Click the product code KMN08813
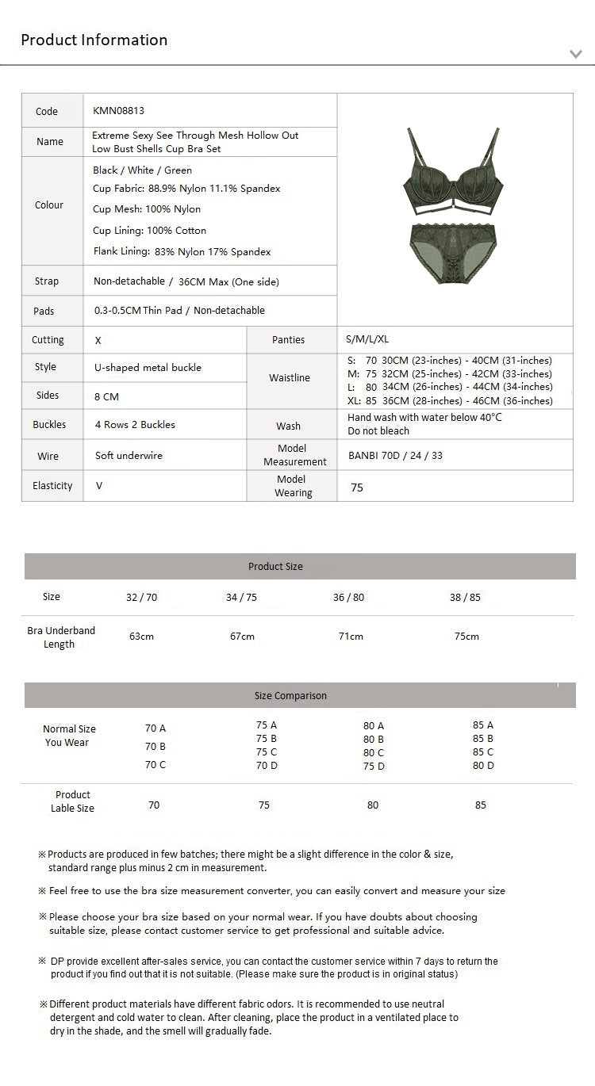coord(118,111)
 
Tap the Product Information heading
coord(94,40)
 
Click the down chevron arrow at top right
coord(576,54)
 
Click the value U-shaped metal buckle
coord(148,368)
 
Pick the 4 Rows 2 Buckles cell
coord(135,425)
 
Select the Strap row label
coord(47,281)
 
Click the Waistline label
coord(290,378)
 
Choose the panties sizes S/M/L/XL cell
coord(367,339)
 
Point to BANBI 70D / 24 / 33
coord(395,456)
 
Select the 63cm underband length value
coord(141,637)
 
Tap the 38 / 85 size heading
coord(465,598)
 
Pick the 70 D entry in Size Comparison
coord(267,766)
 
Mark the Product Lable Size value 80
coord(373,805)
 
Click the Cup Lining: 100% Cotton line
coord(149,231)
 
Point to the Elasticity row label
coord(52,486)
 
